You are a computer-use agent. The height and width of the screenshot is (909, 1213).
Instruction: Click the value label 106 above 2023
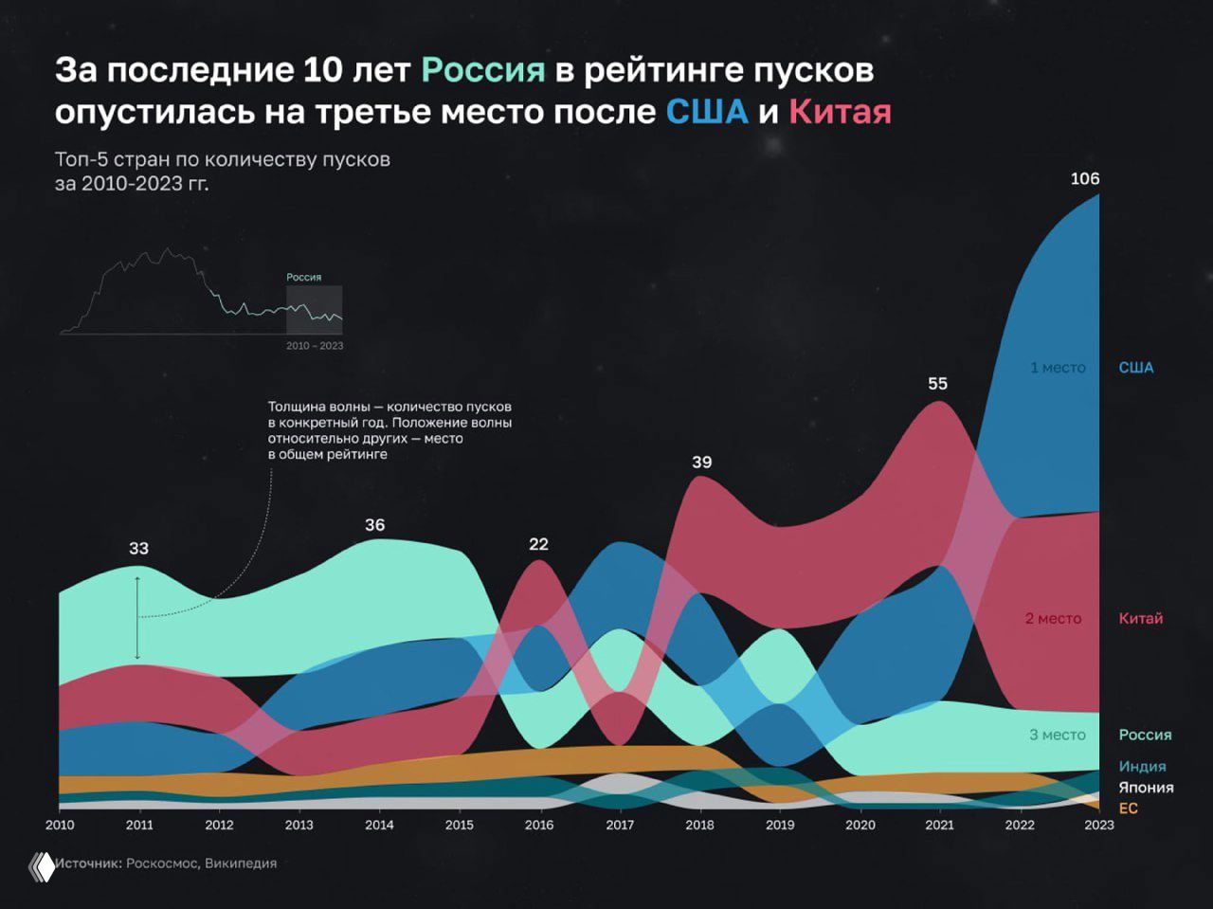[1084, 178]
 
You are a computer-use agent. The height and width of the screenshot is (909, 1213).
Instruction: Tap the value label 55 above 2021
[937, 383]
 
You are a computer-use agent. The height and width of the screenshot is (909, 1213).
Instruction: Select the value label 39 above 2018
[701, 462]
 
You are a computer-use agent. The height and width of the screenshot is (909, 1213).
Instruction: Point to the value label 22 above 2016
[538, 544]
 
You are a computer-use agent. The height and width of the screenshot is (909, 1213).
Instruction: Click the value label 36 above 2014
[374, 524]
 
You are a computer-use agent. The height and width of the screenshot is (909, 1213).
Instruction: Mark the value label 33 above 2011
[138, 548]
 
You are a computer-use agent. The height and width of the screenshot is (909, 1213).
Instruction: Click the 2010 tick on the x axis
[60, 825]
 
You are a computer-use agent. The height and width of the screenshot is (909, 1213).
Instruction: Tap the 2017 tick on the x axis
[620, 825]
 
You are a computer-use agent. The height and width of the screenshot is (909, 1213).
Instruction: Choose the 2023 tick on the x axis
[1099, 825]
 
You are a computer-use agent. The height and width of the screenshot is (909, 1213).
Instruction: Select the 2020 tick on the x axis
[860, 825]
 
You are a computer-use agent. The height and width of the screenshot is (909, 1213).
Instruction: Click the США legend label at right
[1135, 368]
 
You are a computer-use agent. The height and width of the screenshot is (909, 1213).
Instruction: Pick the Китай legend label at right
[1140, 618]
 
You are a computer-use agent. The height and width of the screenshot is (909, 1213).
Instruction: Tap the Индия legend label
[1142, 766]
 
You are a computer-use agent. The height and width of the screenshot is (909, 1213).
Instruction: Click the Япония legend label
[1146, 787]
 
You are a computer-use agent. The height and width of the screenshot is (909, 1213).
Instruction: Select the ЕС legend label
[1128, 808]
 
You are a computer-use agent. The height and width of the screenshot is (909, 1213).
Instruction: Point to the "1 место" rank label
[1058, 368]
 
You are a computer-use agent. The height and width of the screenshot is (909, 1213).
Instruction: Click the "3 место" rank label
[1058, 735]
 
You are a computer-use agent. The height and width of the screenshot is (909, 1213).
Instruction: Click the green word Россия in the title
[483, 69]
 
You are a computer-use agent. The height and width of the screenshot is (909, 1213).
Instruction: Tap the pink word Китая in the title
[840, 112]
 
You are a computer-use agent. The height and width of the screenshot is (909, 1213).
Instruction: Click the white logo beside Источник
[42, 866]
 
